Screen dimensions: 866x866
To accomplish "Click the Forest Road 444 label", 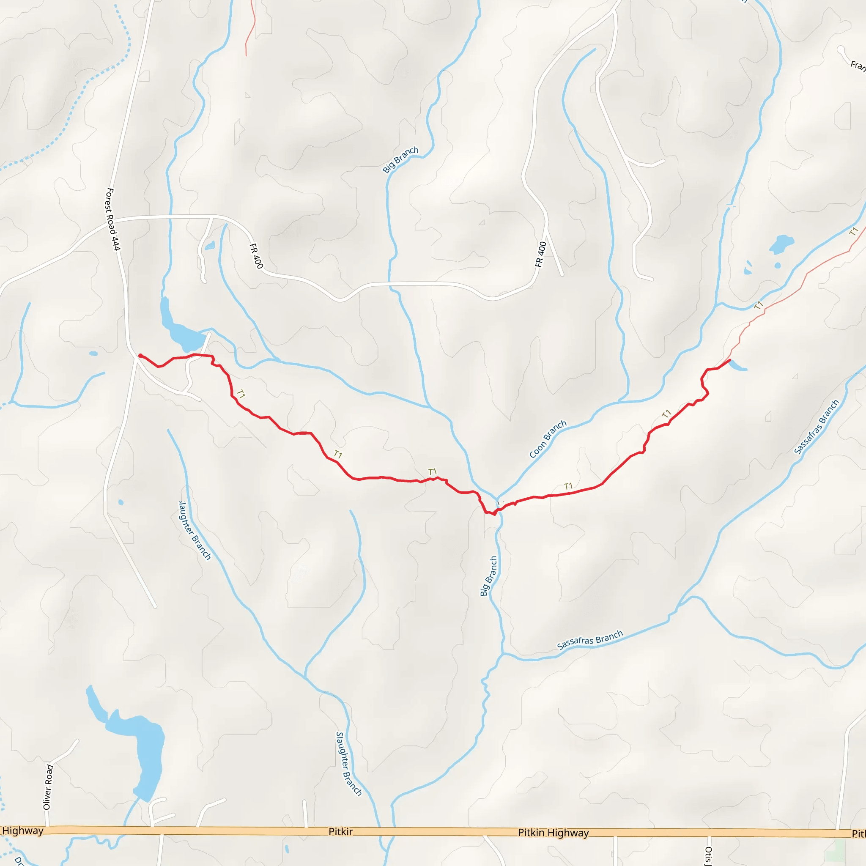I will point(112,219).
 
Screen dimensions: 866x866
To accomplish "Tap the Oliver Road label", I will point(48,787).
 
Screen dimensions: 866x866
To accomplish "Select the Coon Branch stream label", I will point(548,439).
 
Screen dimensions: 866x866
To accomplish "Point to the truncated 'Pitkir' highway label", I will point(341,831).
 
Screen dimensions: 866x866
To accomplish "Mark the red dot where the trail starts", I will point(140,356).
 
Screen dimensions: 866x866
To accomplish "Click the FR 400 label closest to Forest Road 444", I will point(256,255).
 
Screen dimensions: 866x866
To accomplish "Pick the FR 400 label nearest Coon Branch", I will point(541,254).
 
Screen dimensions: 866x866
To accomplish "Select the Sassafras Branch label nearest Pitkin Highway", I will point(589,640).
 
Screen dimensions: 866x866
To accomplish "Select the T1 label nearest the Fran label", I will point(853,231).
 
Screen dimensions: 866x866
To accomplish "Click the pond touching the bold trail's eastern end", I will point(737,367).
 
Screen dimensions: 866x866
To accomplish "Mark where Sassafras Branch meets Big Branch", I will point(502,654).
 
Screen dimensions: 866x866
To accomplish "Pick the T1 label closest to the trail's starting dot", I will point(241,394).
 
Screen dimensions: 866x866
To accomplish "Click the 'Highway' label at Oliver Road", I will point(22,830).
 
